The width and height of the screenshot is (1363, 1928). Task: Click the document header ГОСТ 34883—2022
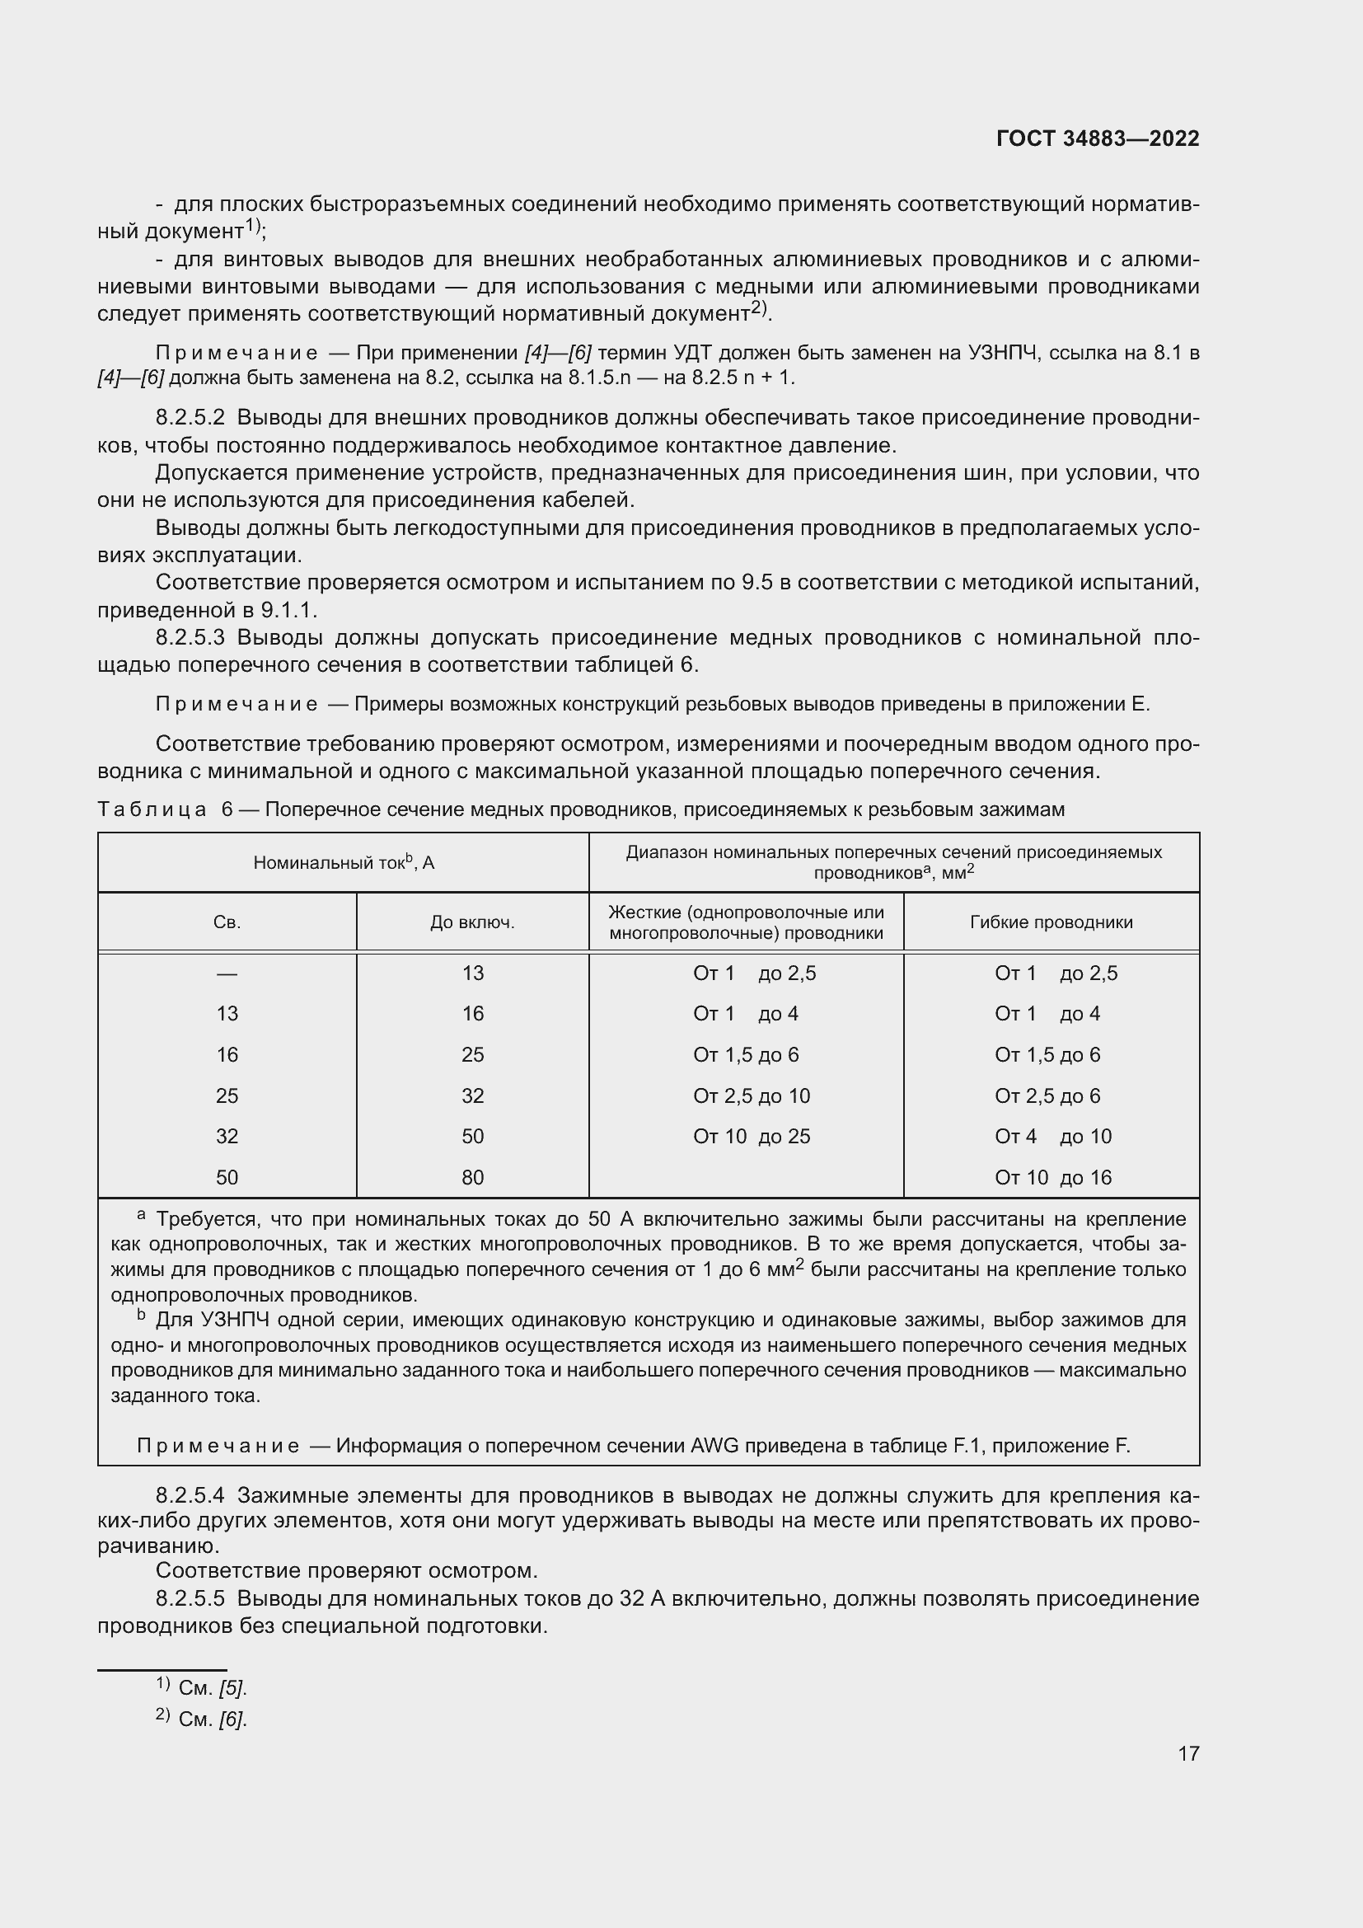click(x=1097, y=138)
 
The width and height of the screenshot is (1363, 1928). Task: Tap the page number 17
click(x=1187, y=1753)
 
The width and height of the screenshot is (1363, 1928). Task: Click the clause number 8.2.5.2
click(x=190, y=418)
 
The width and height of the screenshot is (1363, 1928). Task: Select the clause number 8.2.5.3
click(x=190, y=637)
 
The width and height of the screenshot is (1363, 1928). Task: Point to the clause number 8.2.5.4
click(x=190, y=1495)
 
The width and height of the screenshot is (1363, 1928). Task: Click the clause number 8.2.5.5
click(x=190, y=1599)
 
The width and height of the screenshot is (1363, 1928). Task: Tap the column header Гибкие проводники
click(x=1051, y=922)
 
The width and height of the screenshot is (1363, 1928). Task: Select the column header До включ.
click(x=472, y=922)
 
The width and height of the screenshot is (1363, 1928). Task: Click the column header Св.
click(x=227, y=922)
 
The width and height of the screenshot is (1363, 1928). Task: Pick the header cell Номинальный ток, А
click(x=344, y=862)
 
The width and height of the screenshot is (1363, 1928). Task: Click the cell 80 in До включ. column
click(x=472, y=1177)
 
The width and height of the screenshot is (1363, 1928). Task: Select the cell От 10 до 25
click(x=752, y=1136)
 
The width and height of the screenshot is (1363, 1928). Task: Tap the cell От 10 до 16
click(x=1052, y=1177)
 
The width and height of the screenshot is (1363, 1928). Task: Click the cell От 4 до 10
click(x=1052, y=1136)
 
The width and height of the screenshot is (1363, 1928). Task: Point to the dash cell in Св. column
click(x=227, y=973)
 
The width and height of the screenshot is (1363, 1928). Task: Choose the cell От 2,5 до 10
click(x=752, y=1095)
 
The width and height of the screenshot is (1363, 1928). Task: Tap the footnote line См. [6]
click(x=212, y=1719)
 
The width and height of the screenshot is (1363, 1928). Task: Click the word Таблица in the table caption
click(x=152, y=809)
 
